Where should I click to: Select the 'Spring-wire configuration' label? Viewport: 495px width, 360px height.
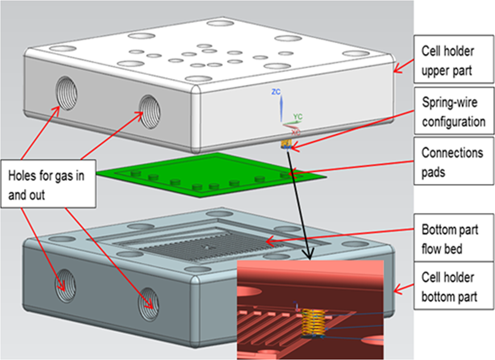coord(453,112)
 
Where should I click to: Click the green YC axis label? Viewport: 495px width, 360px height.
coord(297,117)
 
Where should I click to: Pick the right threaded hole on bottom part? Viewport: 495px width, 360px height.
coord(148,300)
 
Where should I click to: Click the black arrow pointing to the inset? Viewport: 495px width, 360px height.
coord(300,205)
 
